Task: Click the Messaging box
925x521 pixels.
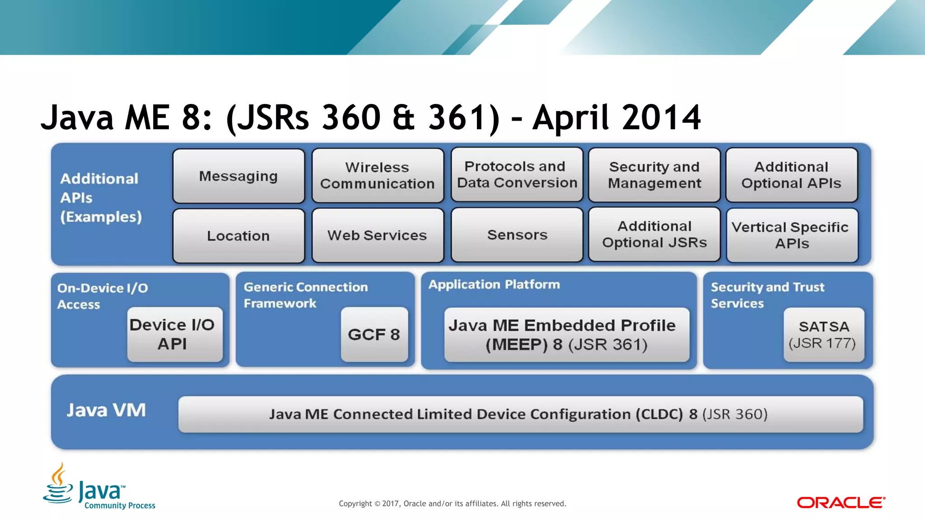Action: tap(238, 176)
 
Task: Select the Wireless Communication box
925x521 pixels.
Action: tap(378, 176)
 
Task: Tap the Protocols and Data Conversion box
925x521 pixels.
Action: tap(517, 175)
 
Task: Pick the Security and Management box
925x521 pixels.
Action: tap(654, 175)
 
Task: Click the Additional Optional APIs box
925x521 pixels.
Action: tap(791, 175)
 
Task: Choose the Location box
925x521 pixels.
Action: tap(238, 236)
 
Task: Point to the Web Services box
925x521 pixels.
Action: tap(378, 235)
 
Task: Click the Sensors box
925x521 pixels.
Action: tap(517, 235)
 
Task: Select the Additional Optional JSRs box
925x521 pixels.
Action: tap(654, 235)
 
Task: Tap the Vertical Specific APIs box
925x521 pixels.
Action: tap(792, 235)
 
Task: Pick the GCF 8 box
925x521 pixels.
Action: tap(374, 334)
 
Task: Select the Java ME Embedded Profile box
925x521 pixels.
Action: tap(566, 335)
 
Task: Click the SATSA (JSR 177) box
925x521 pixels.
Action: tap(823, 335)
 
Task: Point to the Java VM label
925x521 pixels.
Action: tap(106, 410)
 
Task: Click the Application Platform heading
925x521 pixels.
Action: tap(494, 285)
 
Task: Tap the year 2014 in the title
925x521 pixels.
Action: tap(661, 117)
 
